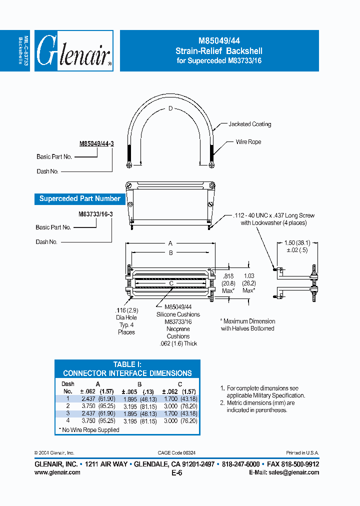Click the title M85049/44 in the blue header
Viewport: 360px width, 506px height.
218,41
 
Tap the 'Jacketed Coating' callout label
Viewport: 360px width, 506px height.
249,124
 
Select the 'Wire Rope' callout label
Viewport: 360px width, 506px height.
248,142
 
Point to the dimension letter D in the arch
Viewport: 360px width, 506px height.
170,108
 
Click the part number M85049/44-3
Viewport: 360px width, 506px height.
96,143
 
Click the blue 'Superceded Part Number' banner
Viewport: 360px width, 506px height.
80,198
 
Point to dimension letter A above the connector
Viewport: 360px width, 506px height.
170,243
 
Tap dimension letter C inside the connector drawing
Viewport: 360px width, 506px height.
170,283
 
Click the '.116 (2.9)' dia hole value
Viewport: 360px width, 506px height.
126,310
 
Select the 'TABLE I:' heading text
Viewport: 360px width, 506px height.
127,364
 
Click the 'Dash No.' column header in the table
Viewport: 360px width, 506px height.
68,387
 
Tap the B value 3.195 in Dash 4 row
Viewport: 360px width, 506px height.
132,421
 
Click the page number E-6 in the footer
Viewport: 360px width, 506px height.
176,472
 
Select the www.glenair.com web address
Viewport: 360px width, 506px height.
57,472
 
